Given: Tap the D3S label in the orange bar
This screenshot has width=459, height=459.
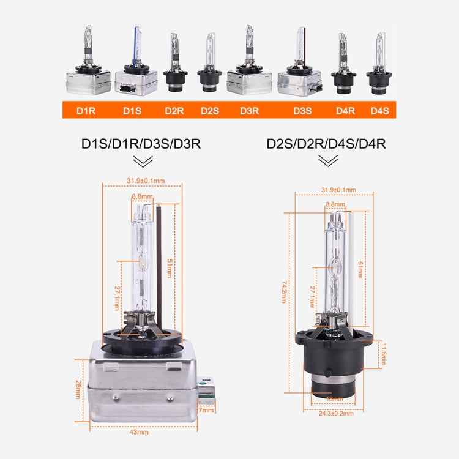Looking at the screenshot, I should click(302, 111).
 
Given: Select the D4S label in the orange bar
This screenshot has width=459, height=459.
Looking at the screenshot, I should click(379, 111).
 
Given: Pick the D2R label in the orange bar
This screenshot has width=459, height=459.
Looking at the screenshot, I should click(174, 111).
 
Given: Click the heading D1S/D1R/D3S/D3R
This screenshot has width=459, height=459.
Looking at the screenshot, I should click(141, 145).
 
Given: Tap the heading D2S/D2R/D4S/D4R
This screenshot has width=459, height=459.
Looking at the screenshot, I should click(326, 145).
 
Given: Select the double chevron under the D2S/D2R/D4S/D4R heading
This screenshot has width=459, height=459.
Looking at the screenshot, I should click(329, 161).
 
